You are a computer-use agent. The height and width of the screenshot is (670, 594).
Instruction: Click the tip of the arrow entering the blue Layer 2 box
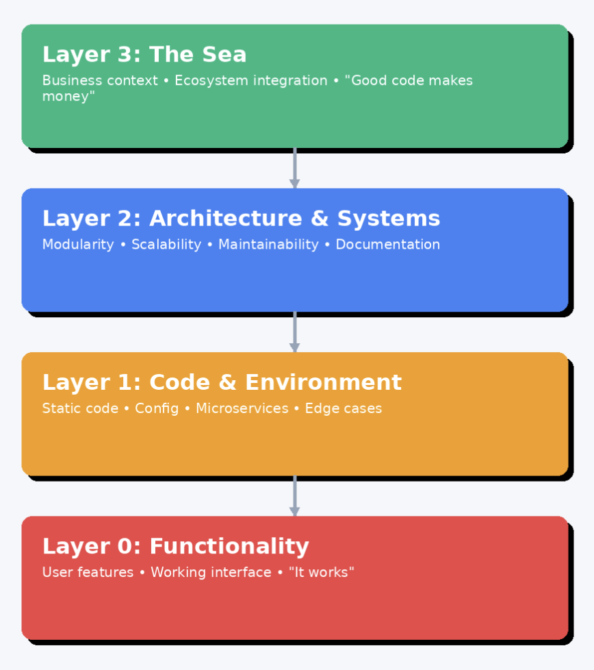click(294, 188)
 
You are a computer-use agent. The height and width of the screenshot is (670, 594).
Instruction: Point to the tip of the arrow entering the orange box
click(294, 352)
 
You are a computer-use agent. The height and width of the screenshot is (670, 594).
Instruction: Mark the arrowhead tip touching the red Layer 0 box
click(294, 516)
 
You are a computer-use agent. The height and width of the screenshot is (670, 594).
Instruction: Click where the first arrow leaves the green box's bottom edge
click(294, 148)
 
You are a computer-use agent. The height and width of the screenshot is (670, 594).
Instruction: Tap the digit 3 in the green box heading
click(124, 55)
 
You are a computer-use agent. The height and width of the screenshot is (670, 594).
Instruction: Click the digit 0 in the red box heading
click(125, 546)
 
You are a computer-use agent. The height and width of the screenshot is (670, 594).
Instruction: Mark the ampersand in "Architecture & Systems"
click(320, 219)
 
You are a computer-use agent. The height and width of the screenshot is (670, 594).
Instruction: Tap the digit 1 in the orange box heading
click(125, 382)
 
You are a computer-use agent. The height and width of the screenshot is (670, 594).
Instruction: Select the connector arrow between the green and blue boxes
click(294, 169)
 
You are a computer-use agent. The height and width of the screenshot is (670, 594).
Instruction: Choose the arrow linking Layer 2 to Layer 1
click(294, 332)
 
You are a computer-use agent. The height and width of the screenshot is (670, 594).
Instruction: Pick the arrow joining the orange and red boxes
click(294, 496)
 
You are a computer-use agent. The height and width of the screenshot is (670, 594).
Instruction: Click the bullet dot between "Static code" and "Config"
click(127, 408)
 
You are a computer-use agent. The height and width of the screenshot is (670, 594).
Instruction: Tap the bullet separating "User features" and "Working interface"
click(142, 573)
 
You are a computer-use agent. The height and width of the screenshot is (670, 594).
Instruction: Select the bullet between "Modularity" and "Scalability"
click(123, 245)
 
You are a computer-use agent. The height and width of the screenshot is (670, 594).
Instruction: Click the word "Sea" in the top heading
click(224, 55)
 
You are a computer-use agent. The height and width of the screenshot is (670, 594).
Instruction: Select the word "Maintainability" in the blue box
click(268, 245)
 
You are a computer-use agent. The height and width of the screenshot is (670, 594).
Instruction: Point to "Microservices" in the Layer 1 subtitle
click(242, 408)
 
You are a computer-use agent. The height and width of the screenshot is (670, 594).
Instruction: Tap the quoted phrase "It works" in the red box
click(322, 572)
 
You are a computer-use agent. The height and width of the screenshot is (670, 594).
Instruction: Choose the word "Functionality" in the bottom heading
click(229, 547)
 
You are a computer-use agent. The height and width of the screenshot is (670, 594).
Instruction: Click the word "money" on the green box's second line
click(68, 96)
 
